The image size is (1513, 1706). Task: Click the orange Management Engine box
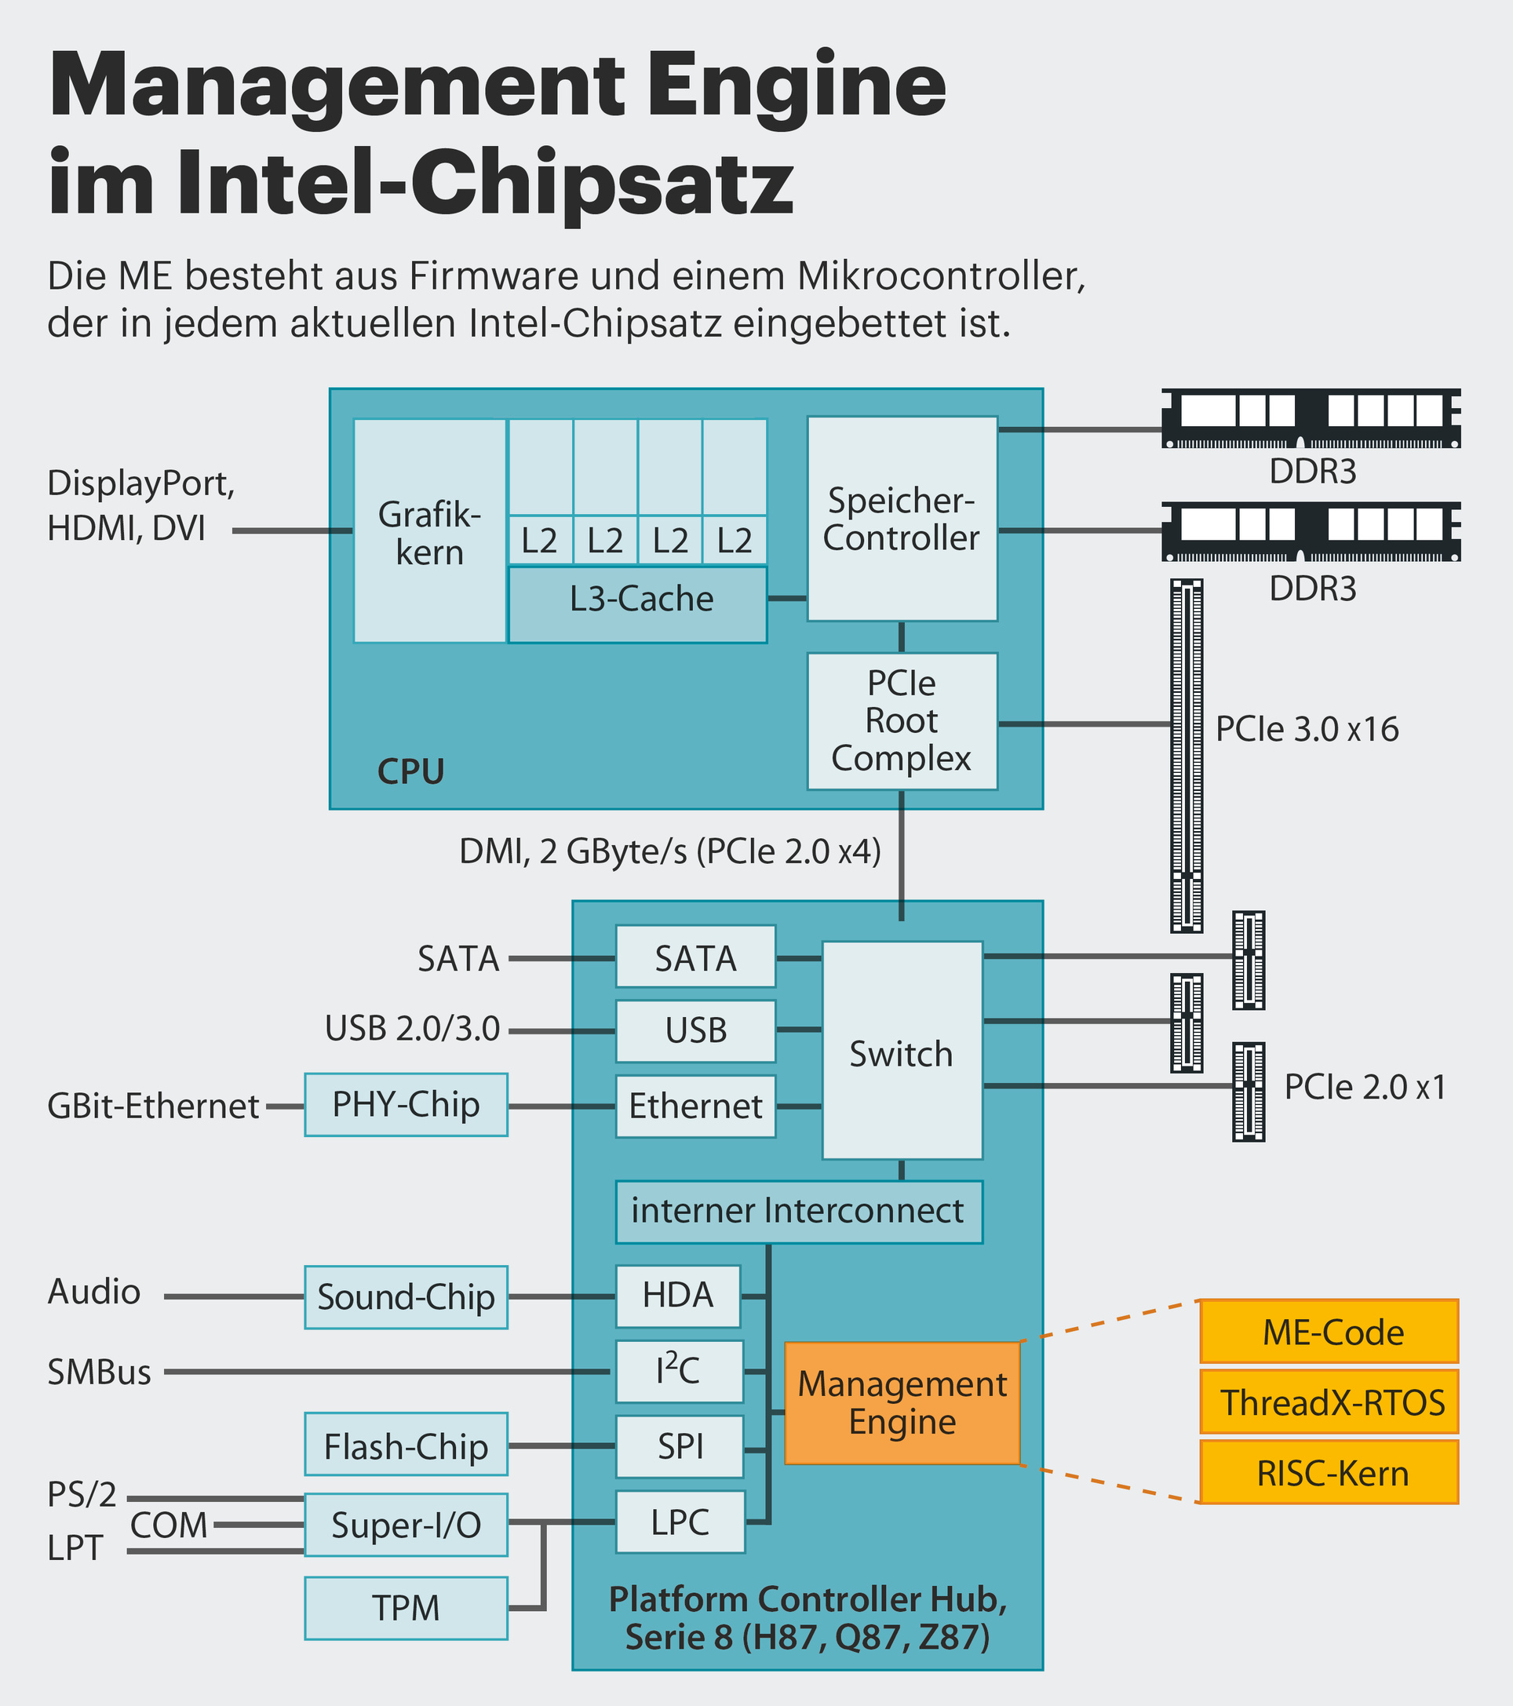click(x=902, y=1402)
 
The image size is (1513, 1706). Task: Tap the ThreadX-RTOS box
click(x=1329, y=1402)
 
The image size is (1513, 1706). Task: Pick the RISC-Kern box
click(x=1329, y=1472)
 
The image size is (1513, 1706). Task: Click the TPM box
click(x=406, y=1607)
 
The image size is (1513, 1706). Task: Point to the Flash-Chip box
click(x=406, y=1446)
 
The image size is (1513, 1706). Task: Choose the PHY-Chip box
click(x=406, y=1104)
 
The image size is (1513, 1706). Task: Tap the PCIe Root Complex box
click(x=902, y=721)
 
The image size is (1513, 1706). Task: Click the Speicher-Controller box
click(x=902, y=517)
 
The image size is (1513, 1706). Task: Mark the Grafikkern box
click(x=429, y=530)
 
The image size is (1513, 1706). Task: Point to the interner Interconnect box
click(x=798, y=1211)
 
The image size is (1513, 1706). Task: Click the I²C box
click(x=679, y=1370)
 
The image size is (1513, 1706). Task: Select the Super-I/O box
click(x=406, y=1525)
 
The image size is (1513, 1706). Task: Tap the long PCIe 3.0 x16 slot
click(x=1186, y=756)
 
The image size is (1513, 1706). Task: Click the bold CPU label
click(x=410, y=771)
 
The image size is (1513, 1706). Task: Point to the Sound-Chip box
click(x=406, y=1297)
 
